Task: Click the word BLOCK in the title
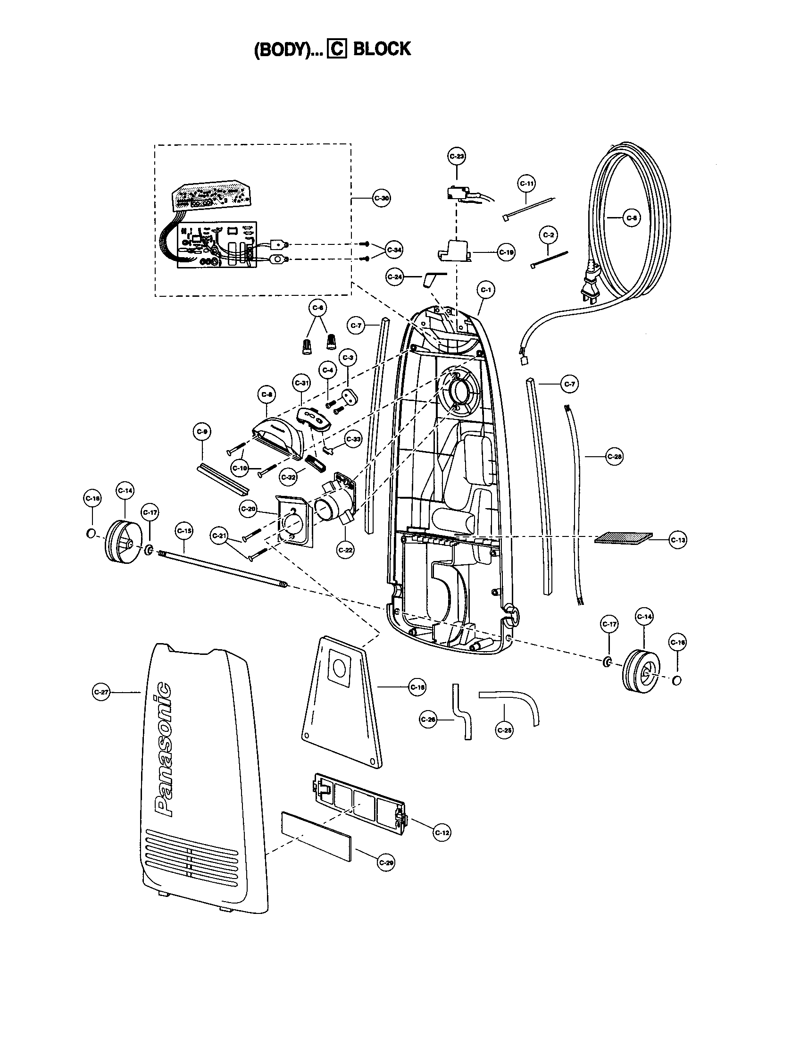tap(382, 49)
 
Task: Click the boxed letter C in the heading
tap(337, 50)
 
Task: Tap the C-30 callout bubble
tap(381, 198)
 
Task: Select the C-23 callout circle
tap(457, 156)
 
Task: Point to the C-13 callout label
tap(677, 540)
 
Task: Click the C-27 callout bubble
tap(101, 693)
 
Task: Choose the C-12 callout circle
tap(442, 832)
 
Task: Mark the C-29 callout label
tap(386, 862)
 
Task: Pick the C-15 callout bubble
tap(184, 530)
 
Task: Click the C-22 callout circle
tap(345, 550)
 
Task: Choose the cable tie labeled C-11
tap(528, 208)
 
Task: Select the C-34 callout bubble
tap(394, 250)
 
